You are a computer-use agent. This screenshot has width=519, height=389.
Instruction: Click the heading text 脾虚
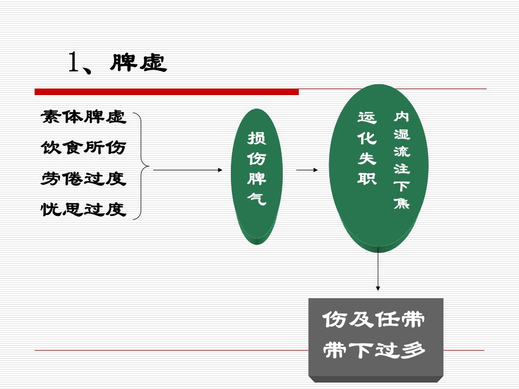[138, 63]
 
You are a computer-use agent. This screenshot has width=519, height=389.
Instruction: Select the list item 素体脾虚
[83, 117]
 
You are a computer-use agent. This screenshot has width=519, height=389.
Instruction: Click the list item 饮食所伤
[83, 147]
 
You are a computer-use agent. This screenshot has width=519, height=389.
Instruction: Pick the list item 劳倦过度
[83, 179]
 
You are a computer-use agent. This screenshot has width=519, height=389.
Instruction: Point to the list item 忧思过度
[83, 210]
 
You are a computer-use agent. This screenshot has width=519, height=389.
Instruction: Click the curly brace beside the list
[142, 166]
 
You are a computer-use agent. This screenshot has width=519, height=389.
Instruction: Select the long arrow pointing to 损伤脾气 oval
[188, 170]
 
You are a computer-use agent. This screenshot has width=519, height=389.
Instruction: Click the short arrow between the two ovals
[307, 170]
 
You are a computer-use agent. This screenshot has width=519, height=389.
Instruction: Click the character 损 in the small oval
[256, 138]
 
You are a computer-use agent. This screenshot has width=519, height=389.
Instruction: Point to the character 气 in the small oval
[256, 199]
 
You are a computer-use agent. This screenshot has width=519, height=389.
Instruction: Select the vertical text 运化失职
[367, 148]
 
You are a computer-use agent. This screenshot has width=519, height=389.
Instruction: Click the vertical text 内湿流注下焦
[402, 160]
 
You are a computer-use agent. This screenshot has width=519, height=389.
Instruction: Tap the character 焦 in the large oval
[402, 202]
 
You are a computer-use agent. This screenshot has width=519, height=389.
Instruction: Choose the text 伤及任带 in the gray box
[374, 319]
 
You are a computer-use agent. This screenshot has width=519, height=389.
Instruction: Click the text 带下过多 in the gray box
[374, 350]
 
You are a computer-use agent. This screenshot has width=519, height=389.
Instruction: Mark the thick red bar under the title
[167, 92]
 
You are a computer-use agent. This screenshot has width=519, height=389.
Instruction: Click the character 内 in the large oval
[402, 117]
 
